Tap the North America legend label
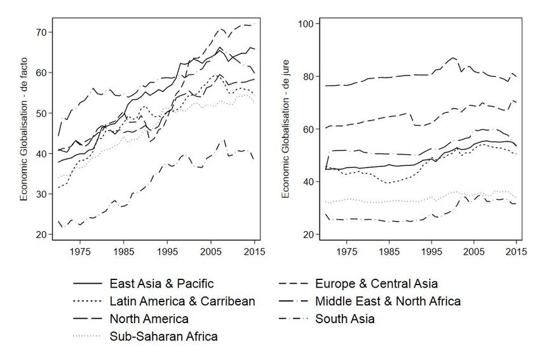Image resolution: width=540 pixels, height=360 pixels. tap(149, 319)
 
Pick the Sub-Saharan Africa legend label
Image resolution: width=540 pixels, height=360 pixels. tap(164, 337)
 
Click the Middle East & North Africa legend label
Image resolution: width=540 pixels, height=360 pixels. tap(388, 301)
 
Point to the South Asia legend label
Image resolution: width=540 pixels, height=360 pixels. tap(345, 319)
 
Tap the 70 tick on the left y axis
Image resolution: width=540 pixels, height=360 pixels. tap(40, 32)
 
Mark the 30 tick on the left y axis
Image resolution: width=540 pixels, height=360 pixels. tap(40, 194)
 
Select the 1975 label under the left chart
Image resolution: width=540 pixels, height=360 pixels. tap(80, 251)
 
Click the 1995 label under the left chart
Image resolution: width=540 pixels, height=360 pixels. tap(167, 251)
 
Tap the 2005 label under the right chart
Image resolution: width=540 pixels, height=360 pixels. tap(474, 251)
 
